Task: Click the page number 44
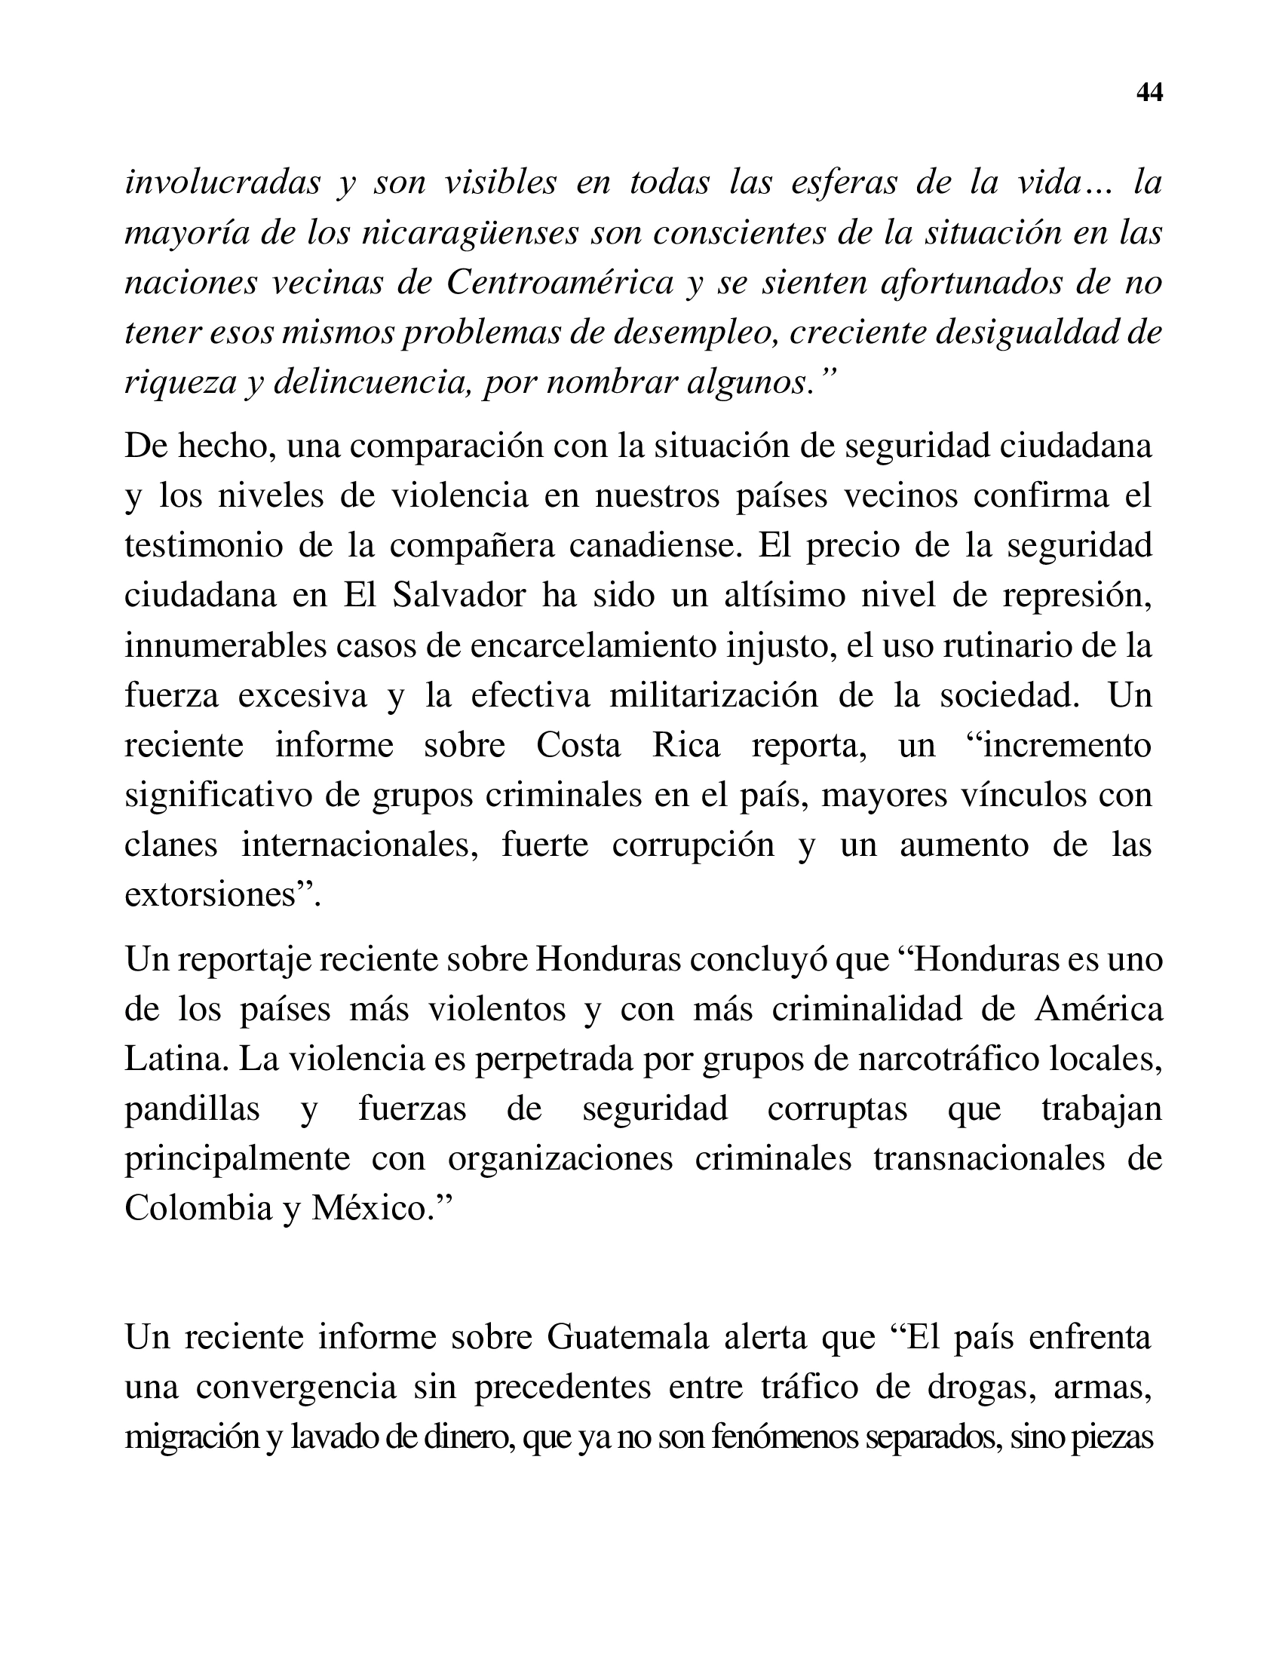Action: point(1149,93)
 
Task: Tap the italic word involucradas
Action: point(222,183)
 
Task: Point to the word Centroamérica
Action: point(560,284)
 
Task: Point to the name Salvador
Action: point(459,596)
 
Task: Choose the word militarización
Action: point(713,696)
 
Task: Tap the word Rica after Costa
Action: point(685,746)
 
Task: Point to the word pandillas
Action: point(192,1109)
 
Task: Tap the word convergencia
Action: point(296,1388)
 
